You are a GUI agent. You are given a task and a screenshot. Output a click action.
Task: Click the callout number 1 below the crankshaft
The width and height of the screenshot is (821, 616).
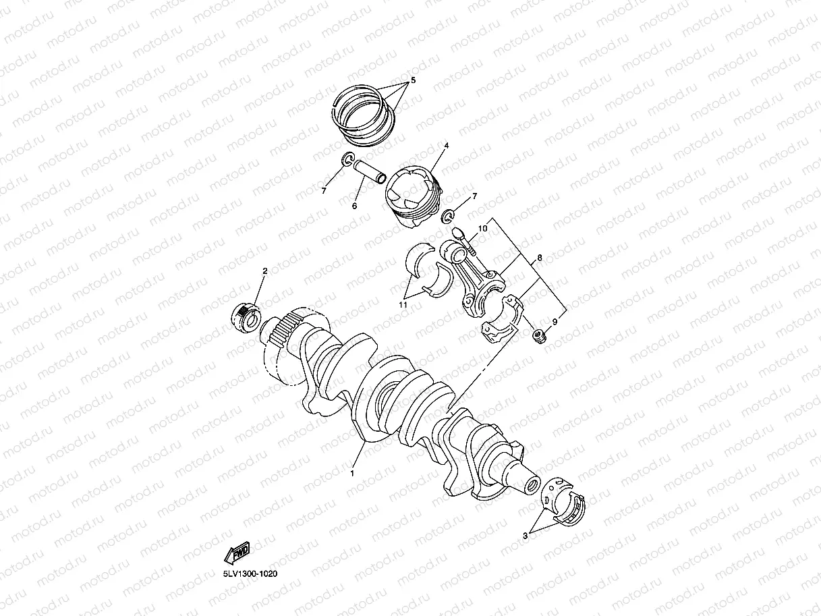point(352,473)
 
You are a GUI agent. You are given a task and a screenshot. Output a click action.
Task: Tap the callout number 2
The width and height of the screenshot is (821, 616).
point(265,271)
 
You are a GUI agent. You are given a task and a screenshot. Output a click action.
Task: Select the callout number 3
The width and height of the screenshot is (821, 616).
point(525,536)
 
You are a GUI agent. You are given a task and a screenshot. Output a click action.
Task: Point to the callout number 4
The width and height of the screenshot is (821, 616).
point(446,146)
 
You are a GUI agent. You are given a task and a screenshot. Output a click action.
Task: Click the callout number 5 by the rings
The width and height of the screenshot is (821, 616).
point(414,80)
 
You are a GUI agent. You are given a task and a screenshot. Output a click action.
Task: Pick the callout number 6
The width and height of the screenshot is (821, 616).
point(355,206)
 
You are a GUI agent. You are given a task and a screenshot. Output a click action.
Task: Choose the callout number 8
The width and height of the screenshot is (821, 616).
point(540,258)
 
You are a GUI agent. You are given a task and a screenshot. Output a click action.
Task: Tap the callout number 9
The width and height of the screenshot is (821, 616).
point(555,321)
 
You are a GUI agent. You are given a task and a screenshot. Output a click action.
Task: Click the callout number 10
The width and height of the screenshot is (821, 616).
point(482,228)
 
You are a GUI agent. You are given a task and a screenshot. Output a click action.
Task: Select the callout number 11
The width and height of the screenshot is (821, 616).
point(403,305)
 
